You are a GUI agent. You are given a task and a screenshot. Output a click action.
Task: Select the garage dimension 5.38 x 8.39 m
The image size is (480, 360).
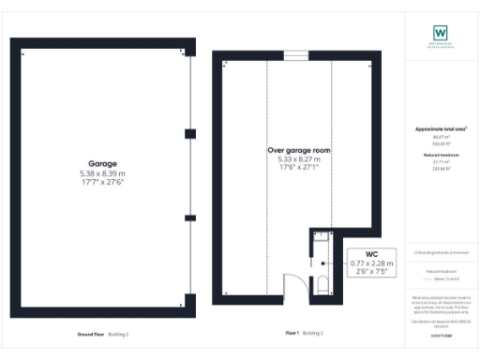pos(101,173)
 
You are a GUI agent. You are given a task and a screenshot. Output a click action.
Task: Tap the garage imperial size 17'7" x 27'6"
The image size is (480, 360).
pos(101,182)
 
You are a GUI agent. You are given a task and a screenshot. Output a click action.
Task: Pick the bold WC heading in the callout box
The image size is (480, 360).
pos(373,254)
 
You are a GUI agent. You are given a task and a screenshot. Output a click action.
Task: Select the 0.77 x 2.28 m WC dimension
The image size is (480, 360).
pos(373,264)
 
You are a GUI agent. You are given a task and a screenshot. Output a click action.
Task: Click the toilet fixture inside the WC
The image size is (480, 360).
pos(322,284)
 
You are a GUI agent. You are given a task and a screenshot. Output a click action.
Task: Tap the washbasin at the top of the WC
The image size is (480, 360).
pos(320,238)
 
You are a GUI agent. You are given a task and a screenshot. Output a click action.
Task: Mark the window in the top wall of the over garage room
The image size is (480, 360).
pos(296,56)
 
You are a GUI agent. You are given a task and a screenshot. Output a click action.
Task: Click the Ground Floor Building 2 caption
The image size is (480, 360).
pos(103,333)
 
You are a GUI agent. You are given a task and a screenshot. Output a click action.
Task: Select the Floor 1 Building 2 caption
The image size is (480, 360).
pos(304,333)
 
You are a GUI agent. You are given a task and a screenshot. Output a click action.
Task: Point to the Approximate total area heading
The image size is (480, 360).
pos(441,128)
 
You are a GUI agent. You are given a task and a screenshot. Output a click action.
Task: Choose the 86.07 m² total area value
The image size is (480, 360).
pos(441,137)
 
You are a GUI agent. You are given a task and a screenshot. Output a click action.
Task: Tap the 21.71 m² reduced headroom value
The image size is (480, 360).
pos(441,162)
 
